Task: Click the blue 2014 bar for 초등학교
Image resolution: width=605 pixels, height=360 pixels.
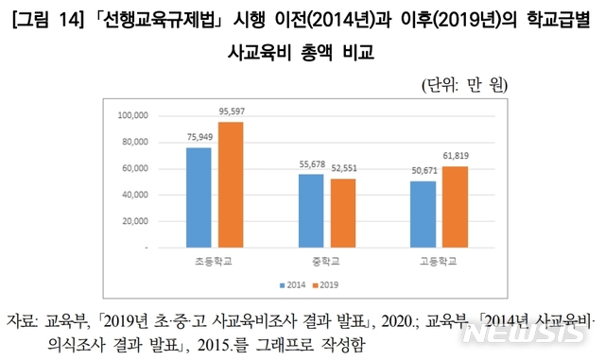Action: pyautogui.click(x=199, y=197)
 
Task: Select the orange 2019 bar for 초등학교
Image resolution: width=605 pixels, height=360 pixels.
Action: pyautogui.click(x=231, y=184)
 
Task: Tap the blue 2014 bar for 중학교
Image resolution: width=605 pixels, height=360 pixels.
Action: pyautogui.click(x=310, y=210)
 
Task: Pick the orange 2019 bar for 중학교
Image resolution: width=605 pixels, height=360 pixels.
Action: pyautogui.click(x=342, y=213)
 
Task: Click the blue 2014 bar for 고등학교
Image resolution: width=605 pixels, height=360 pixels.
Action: pyautogui.click(x=422, y=214)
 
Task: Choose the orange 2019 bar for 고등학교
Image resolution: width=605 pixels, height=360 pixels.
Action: pyautogui.click(x=455, y=206)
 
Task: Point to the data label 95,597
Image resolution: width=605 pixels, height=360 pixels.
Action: pyautogui.click(x=231, y=111)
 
